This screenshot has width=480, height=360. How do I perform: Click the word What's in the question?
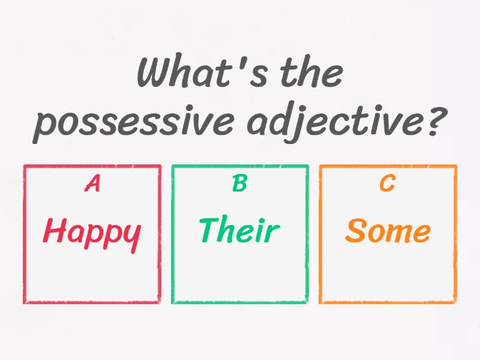point(202,71)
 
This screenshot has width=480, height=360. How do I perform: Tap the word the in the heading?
point(311,71)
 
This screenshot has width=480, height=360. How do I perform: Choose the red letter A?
point(92,184)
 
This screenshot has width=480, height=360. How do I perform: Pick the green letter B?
point(239,183)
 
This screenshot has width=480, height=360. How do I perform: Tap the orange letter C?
point(387,183)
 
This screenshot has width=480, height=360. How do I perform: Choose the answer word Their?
point(239,229)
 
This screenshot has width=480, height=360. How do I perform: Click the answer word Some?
point(388,230)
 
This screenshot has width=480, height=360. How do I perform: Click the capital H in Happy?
point(55,230)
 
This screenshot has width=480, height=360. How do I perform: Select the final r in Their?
point(273,233)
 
